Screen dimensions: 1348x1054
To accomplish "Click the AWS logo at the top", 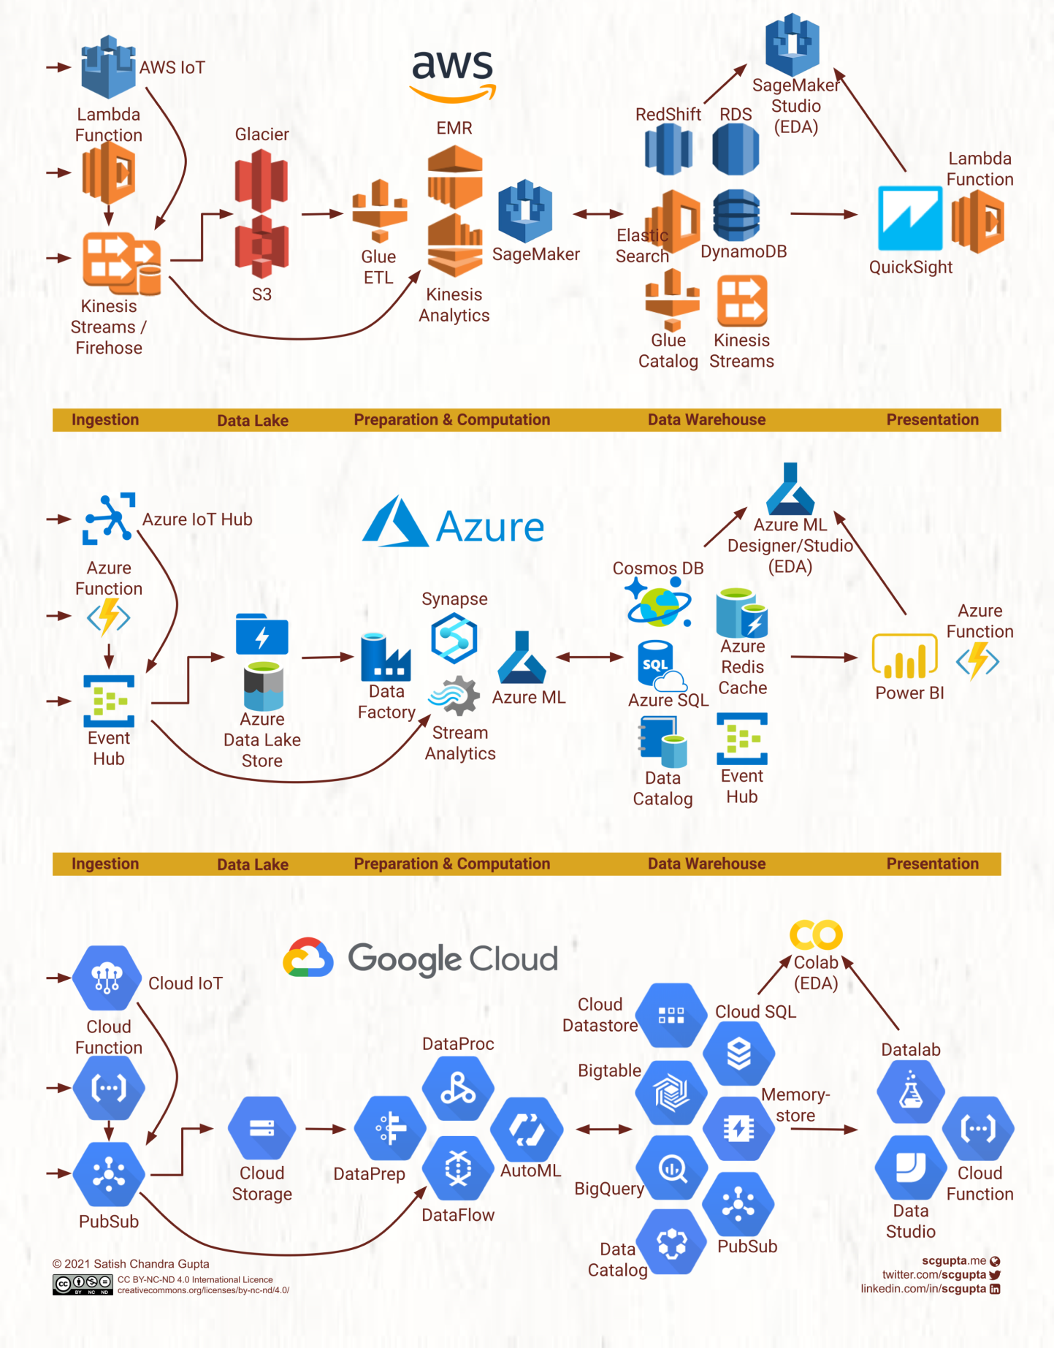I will point(453,74).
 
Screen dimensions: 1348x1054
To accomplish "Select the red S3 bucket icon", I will point(261,247).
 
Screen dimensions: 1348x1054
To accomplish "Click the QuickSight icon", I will point(909,218).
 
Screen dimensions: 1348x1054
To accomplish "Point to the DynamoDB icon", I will point(736,216).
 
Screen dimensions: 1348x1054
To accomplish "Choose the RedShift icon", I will point(668,149).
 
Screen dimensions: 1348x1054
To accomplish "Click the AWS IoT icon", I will point(108,66).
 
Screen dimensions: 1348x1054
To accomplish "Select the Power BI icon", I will point(904,655).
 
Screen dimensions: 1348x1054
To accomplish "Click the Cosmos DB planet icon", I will point(659,603).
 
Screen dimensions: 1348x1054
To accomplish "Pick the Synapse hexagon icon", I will point(454,638).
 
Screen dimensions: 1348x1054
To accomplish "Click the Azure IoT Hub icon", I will point(109,517).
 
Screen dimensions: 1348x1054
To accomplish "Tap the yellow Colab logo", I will point(816,934).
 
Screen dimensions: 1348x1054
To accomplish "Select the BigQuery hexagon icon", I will point(671,1168).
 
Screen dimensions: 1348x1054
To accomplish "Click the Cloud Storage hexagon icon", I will point(261,1128).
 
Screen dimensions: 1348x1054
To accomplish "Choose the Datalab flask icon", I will point(910,1092).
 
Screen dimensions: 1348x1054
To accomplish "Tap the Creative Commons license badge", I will point(83,1284).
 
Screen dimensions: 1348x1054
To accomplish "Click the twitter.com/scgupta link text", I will point(934,1274).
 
